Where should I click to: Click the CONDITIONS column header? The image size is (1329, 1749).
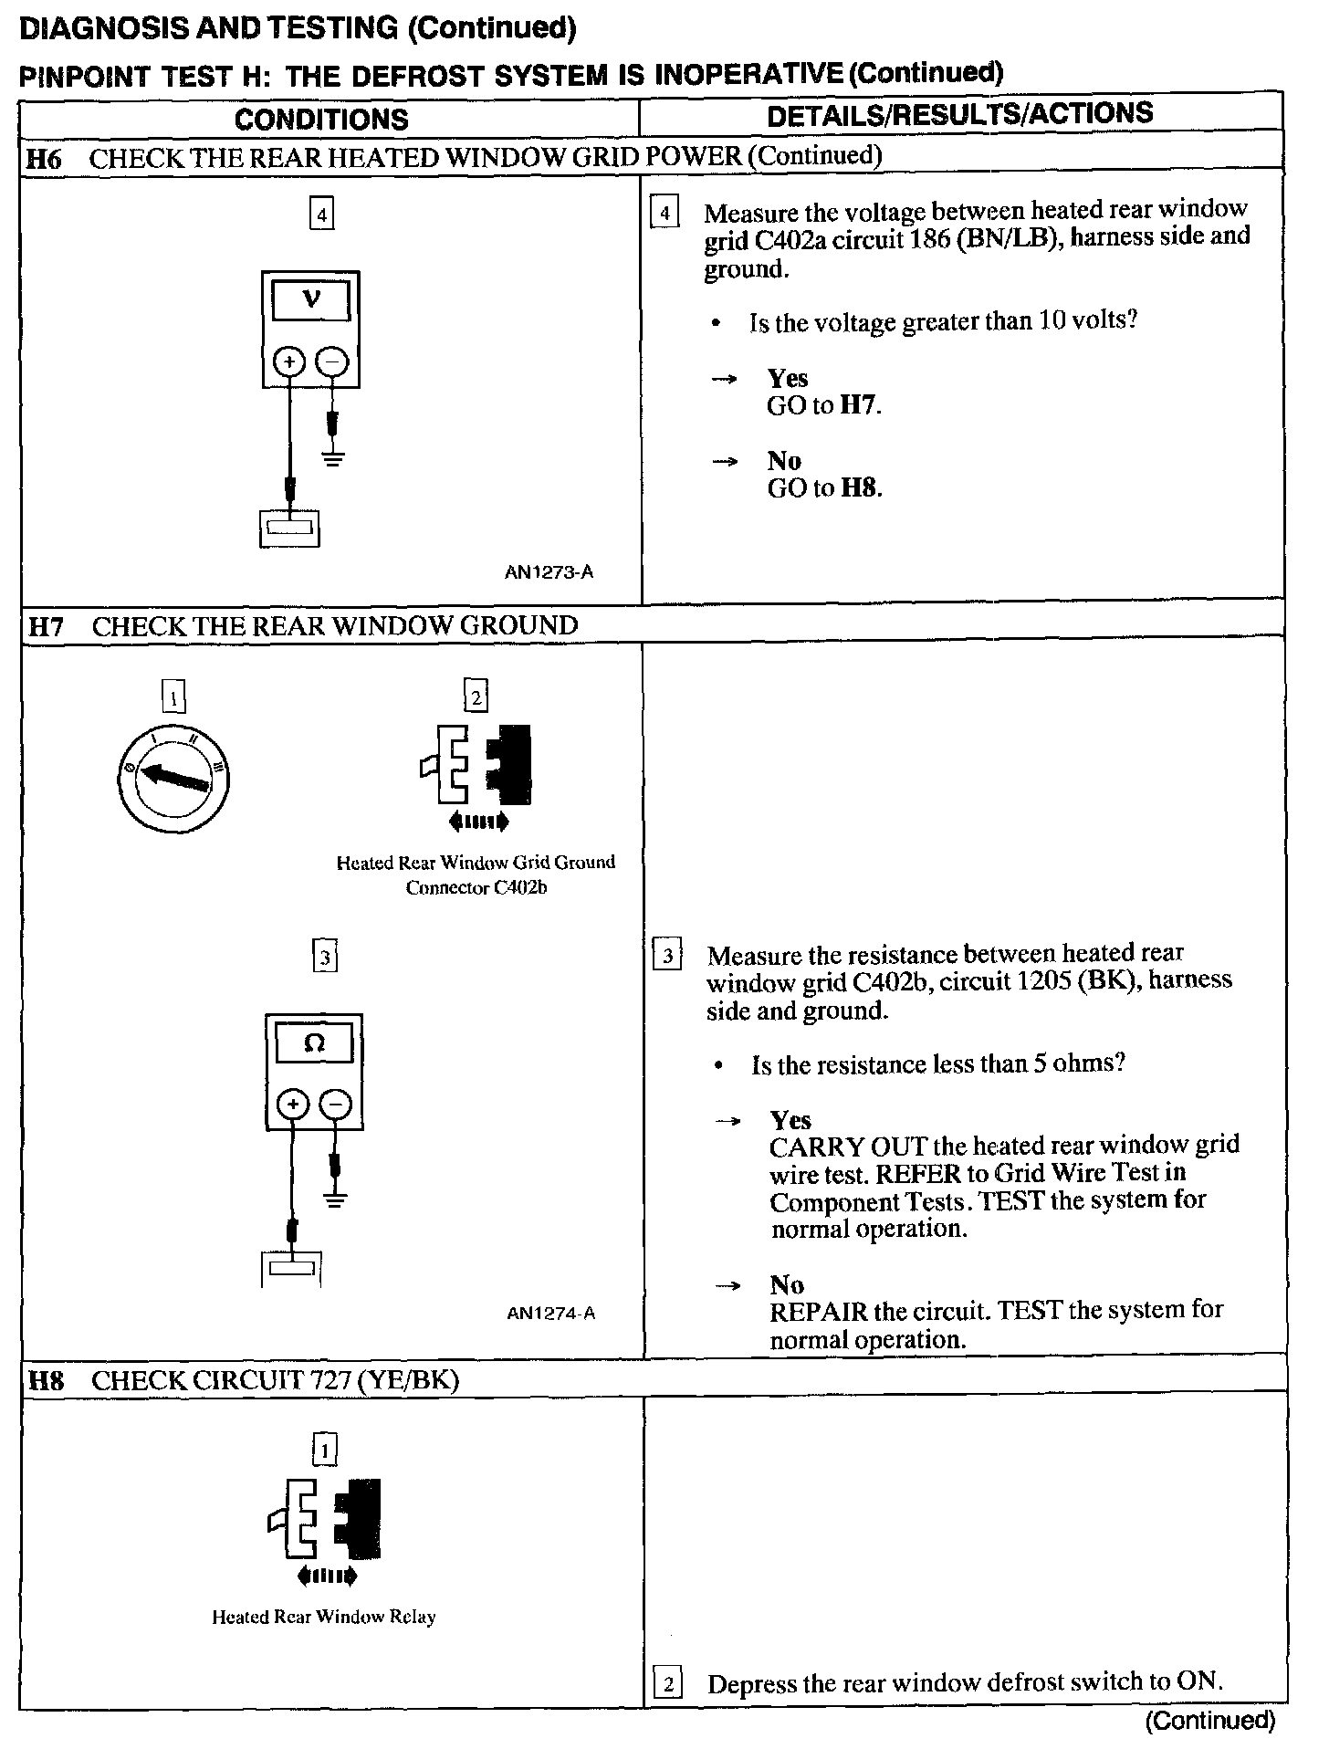[321, 120]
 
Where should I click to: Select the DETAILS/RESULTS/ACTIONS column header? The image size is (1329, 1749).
[959, 114]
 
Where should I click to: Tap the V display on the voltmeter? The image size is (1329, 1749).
[311, 300]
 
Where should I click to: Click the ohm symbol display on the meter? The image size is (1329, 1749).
[314, 1042]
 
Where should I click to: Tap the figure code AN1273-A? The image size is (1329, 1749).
[549, 572]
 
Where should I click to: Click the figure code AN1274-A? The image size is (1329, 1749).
[551, 1314]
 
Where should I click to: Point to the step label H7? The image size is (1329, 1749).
[46, 626]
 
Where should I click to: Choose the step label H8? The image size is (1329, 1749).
[46, 1380]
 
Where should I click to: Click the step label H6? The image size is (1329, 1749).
[43, 159]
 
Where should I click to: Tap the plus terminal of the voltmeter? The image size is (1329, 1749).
[289, 363]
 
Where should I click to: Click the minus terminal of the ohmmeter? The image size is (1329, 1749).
[336, 1105]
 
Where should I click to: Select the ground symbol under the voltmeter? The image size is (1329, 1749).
[333, 458]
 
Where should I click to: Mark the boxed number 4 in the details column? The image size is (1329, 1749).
[664, 214]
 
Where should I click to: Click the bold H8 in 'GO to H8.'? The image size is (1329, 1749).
[859, 488]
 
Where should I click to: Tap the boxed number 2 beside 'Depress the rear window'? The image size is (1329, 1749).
[668, 1683]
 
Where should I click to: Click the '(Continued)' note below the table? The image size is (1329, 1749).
[1209, 1720]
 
